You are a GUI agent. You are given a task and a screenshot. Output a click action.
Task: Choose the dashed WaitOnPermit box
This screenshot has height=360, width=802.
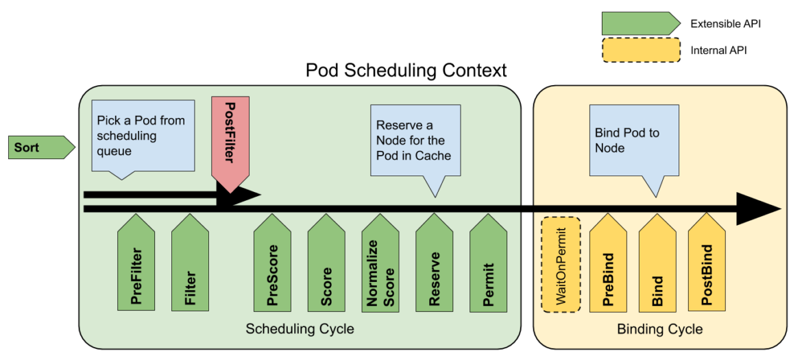561,265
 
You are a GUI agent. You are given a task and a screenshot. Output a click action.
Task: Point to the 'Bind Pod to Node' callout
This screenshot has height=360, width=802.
634,140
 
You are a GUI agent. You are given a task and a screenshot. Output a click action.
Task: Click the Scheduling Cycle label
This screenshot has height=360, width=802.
300,329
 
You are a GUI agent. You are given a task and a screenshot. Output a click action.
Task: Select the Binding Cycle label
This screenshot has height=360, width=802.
659,329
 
